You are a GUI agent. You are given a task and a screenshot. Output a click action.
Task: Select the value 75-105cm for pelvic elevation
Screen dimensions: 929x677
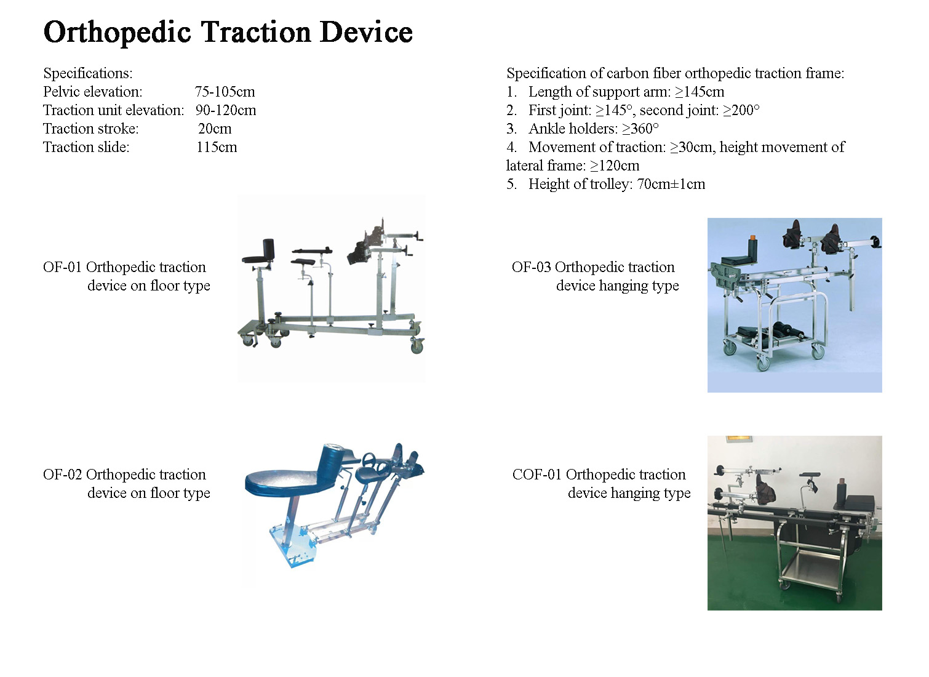(225, 92)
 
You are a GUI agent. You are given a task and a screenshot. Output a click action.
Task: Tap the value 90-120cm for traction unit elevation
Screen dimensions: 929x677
(226, 110)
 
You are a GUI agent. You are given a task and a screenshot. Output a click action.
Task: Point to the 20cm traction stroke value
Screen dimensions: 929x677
(215, 129)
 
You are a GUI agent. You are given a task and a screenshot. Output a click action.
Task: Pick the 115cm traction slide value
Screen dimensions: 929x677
(217, 147)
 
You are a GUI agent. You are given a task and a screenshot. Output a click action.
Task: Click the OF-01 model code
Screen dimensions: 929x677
(62, 267)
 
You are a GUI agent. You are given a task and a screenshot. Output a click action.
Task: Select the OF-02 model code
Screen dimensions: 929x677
(62, 475)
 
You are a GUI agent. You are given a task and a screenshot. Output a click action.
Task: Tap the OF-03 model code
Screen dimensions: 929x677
(532, 267)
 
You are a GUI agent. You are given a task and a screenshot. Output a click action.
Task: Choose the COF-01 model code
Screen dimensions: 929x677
(537, 475)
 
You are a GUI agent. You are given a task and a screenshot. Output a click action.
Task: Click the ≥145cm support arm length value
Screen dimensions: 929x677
(700, 92)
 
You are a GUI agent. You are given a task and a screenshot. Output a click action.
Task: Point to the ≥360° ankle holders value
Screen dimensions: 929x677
(640, 129)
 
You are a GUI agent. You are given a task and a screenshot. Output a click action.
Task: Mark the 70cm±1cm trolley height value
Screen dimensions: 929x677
(671, 184)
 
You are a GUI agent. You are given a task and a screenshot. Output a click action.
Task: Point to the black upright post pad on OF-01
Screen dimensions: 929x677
(268, 249)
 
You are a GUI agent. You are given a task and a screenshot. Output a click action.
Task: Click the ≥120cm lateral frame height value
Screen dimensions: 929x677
(615, 166)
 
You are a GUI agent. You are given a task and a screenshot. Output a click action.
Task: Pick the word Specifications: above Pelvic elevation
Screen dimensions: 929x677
(88, 73)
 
